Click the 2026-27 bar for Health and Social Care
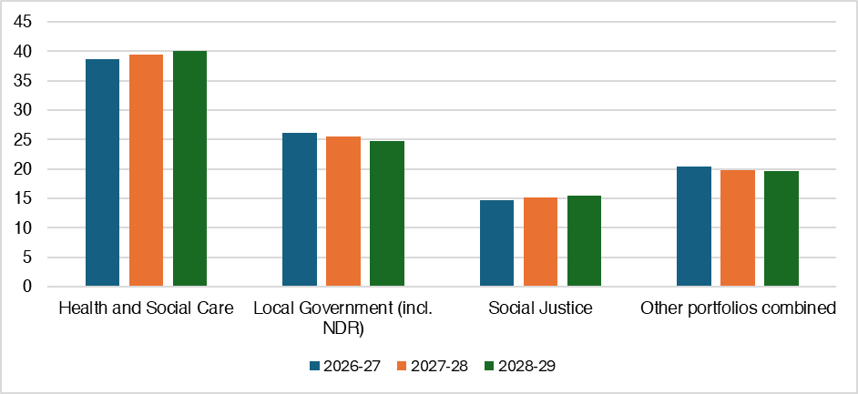102,173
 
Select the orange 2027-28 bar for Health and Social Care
146,170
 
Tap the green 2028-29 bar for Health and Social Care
189,168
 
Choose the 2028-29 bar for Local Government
387,214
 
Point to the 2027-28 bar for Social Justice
540,242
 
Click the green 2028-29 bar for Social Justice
584,241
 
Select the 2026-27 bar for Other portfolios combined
693,227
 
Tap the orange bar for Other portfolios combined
738,228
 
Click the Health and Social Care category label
146,308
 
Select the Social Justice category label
540,308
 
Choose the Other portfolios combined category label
738,308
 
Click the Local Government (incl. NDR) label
342,317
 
